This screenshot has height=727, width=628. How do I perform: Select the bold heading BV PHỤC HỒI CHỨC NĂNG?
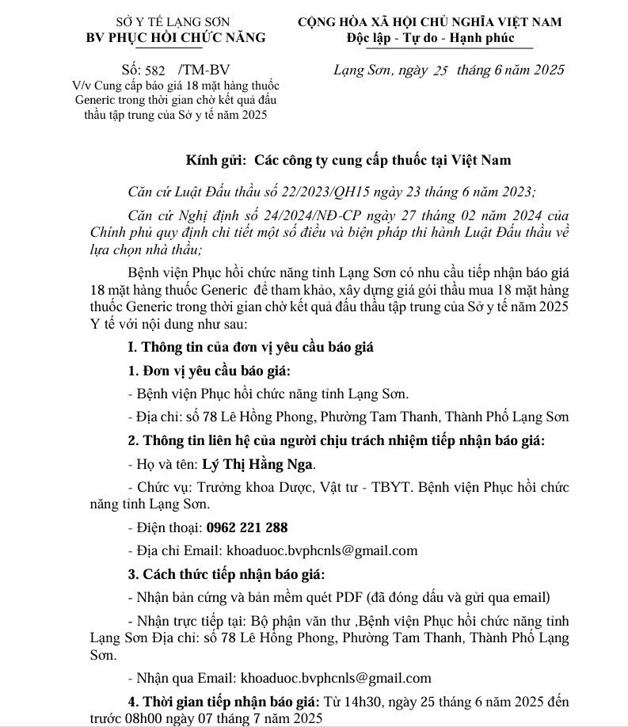click(176, 37)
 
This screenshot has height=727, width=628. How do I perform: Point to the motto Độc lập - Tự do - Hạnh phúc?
click(430, 37)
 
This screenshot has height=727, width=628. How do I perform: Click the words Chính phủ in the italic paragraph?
click(120, 233)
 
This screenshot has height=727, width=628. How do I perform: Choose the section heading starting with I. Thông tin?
click(251, 347)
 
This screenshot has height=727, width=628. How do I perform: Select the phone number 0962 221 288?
click(246, 527)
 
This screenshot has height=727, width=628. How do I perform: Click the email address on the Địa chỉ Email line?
click(322, 550)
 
